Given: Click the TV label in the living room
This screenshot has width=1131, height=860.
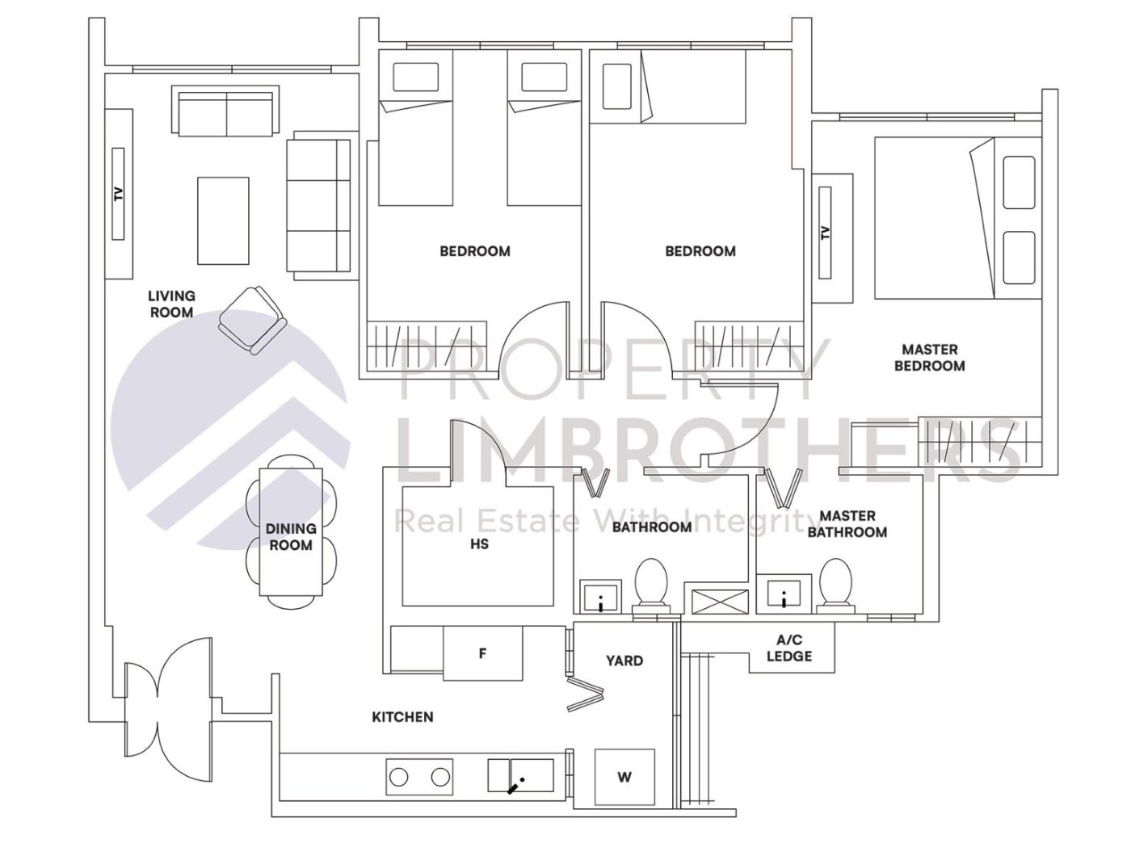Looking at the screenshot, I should tap(118, 194).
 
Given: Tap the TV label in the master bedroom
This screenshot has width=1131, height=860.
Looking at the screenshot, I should tap(825, 233).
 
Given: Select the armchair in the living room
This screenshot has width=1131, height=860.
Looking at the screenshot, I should tap(253, 321).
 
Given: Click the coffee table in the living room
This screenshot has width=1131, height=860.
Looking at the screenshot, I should tap(223, 220).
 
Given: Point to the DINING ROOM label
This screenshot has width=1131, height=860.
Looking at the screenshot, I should tap(291, 537).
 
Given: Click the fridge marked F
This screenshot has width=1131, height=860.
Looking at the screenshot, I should tap(482, 653).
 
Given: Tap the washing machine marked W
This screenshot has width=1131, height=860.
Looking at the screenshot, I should tap(624, 778).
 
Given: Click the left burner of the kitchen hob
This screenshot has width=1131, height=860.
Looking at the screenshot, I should tap(399, 777).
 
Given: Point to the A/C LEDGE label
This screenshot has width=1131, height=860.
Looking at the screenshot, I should tap(789, 648).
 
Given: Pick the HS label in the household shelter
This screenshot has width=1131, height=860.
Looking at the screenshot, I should tap(479, 544).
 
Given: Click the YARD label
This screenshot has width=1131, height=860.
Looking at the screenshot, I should tap(624, 661).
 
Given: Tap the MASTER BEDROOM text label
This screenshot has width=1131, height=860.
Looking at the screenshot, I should tap(929, 358).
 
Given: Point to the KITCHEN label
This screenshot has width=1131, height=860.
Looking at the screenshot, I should tap(402, 717).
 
